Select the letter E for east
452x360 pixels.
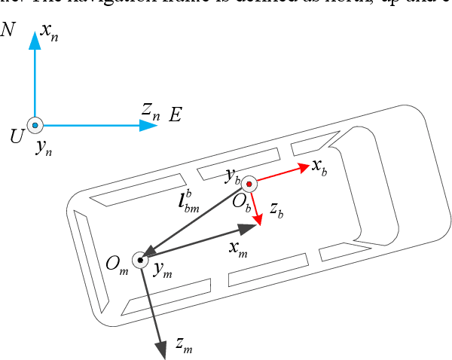pos(176,115)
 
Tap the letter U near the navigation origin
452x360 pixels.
pos(16,136)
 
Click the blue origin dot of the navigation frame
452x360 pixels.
pos(35,125)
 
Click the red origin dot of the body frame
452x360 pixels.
pos(249,184)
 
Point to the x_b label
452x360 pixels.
pos(319,168)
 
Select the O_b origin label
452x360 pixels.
pos(241,201)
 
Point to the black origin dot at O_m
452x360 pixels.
pos(140,260)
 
